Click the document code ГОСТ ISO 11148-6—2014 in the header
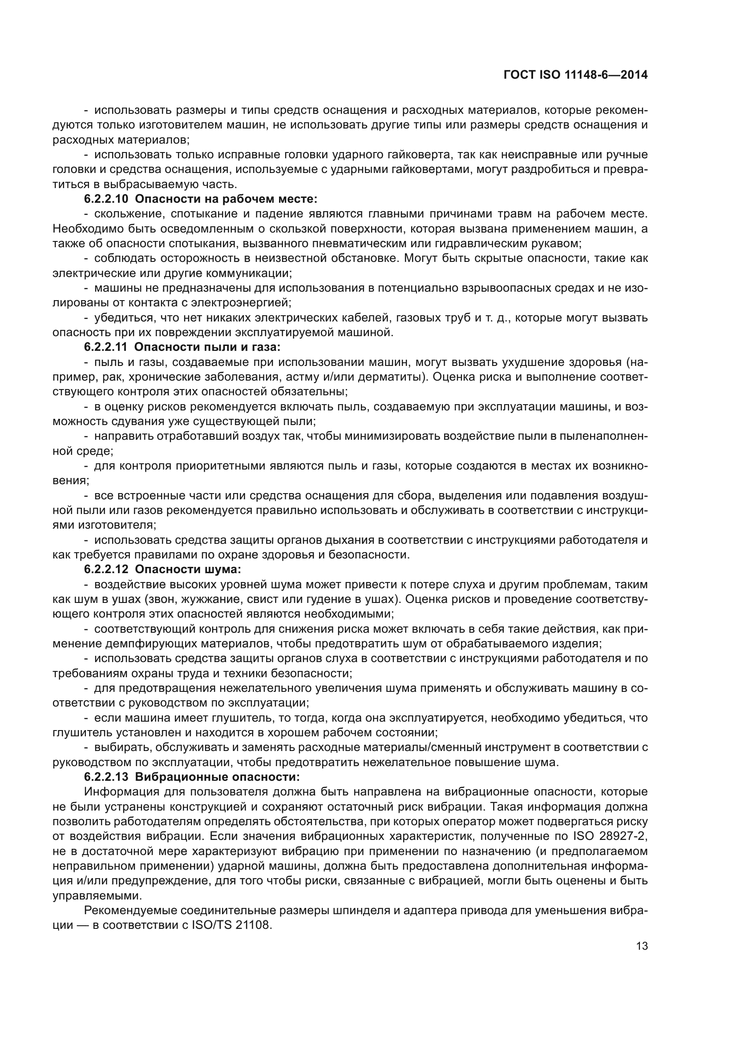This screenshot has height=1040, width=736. [x=575, y=75]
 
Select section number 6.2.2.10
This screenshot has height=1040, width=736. [x=107, y=199]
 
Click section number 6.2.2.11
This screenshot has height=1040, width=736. [x=107, y=347]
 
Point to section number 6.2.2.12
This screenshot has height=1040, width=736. [x=107, y=570]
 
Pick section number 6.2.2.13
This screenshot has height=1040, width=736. [x=107, y=777]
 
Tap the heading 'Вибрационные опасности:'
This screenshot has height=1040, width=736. [x=218, y=777]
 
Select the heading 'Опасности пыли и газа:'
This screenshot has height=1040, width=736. [x=208, y=347]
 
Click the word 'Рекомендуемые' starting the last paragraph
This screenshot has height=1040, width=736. [x=130, y=911]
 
